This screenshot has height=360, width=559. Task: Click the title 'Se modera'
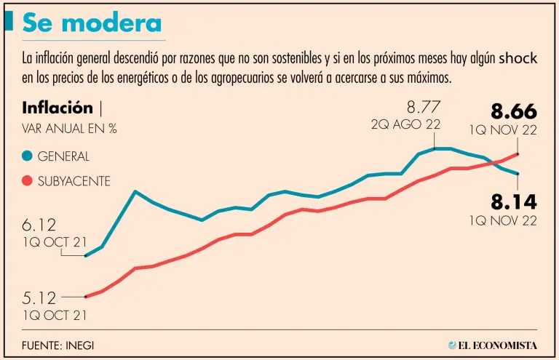(92, 23)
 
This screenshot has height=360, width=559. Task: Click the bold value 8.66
(513, 111)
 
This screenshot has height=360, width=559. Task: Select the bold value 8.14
(513, 201)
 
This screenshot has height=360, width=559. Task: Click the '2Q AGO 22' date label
(406, 124)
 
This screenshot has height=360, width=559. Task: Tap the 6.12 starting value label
(39, 226)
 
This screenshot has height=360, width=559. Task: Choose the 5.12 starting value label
(39, 297)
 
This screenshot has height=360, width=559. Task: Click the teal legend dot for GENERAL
(28, 156)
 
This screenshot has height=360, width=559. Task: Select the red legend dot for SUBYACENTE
(28, 180)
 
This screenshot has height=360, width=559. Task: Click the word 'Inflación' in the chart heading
(58, 108)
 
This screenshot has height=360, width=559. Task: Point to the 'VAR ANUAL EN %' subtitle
(70, 129)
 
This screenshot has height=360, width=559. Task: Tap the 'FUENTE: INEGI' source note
(58, 345)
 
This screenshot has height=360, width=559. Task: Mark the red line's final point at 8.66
(518, 153)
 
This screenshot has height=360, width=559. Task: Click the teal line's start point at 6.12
(86, 255)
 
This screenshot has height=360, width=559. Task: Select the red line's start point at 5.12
(86, 297)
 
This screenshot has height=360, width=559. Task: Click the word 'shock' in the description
(519, 59)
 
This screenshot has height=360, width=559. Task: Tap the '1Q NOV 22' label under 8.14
(503, 220)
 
